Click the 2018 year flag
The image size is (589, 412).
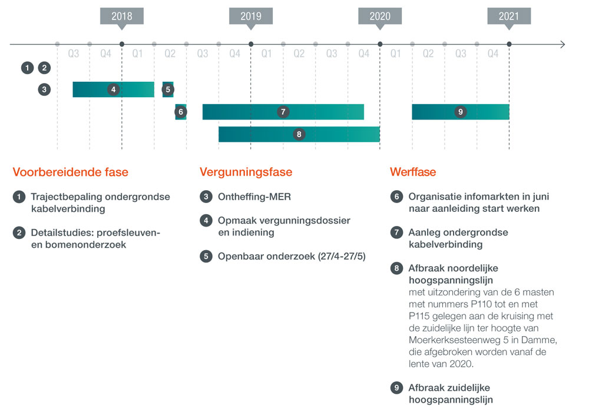coord(122,18)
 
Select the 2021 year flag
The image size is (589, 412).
coord(509,18)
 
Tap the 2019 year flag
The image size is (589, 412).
coord(251,18)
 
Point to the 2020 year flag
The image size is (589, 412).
coord(380,18)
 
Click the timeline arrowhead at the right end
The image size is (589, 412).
coord(562,44)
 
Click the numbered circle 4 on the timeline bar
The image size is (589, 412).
coord(114,89)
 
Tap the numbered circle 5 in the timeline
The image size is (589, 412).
coord(168,89)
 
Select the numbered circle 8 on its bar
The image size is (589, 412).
coord(299,134)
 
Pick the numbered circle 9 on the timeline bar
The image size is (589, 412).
coord(461,112)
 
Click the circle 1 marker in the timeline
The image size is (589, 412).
coord(27,68)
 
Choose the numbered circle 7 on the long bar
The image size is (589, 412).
coord(283,112)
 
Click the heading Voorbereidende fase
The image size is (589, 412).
coord(71,172)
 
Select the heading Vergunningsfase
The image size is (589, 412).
coord(246,172)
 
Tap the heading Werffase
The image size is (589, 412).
coord(413,172)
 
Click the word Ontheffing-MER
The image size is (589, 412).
coord(254,197)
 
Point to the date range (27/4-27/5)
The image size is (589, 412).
coord(342,256)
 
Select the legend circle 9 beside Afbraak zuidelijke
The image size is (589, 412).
coord(396,388)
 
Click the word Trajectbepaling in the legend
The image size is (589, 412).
coord(67,197)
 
